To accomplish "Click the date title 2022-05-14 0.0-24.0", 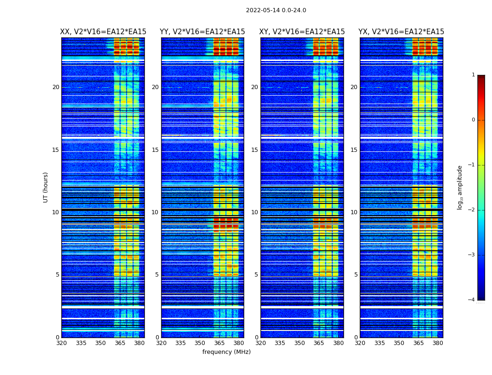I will coord(276,10).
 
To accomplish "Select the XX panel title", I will coord(103,32).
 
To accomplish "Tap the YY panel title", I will coord(202,32).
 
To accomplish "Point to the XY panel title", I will coord(302,32).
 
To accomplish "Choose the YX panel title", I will coord(401,32).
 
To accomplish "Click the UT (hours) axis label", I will coord(46,187).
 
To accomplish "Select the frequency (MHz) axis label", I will coord(226,352).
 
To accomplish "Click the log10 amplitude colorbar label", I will coord(460,187).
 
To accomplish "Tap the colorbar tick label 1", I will coord(473,75).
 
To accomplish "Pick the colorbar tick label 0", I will coord(473,120).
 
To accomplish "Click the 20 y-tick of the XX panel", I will coord(56,87).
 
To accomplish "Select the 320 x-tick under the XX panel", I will coord(61,343).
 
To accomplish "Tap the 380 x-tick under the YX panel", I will coord(438,343).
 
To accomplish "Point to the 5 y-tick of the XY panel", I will coord(256,275).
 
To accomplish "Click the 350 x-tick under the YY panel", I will coord(200,343).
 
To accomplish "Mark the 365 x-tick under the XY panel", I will coord(319,343).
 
